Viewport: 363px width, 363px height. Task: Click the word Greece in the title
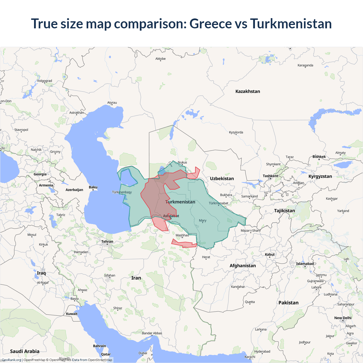coord(210,24)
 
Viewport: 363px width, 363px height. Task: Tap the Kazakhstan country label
coord(248,91)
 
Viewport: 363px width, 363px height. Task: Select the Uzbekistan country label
coord(222,178)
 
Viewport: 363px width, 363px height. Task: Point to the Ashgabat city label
coord(171,216)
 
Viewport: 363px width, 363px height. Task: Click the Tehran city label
coord(107,242)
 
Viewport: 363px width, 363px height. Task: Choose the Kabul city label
coord(270,254)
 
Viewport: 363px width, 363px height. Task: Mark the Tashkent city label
coord(270,176)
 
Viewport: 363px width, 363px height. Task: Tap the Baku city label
coord(93,187)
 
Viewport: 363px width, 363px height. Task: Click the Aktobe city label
coord(161,59)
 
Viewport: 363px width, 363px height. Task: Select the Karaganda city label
coord(305,65)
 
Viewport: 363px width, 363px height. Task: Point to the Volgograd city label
coord(45,81)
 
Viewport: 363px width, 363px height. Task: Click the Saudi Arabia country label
coord(25,351)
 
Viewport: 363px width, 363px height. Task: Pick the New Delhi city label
coord(343,318)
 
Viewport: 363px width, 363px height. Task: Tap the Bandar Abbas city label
coord(152,333)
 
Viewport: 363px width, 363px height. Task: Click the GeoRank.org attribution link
coord(11,360)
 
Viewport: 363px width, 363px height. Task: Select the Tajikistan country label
coord(284,210)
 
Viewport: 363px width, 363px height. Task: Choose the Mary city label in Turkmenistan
coord(202,220)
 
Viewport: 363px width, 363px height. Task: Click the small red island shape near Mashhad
coord(184,244)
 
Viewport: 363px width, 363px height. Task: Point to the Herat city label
coord(206,257)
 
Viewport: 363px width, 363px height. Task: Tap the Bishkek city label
coord(319,157)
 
